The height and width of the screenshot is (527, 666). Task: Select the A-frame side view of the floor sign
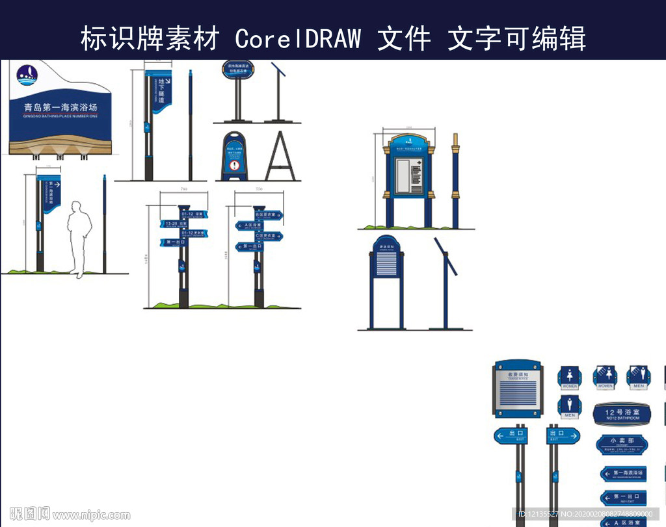280,157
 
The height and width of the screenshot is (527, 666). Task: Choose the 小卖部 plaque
622,444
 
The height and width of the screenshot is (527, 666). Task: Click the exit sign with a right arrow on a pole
563,435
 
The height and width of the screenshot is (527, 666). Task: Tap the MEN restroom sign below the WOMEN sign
570,407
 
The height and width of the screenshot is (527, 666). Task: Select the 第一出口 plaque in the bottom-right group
622,498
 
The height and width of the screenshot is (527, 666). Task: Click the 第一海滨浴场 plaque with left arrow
622,474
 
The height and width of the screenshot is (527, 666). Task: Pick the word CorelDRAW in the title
298,39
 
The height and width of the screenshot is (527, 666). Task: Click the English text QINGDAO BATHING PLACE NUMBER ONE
60,116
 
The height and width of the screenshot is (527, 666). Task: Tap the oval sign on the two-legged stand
237,70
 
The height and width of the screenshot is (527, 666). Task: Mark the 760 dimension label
184,189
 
